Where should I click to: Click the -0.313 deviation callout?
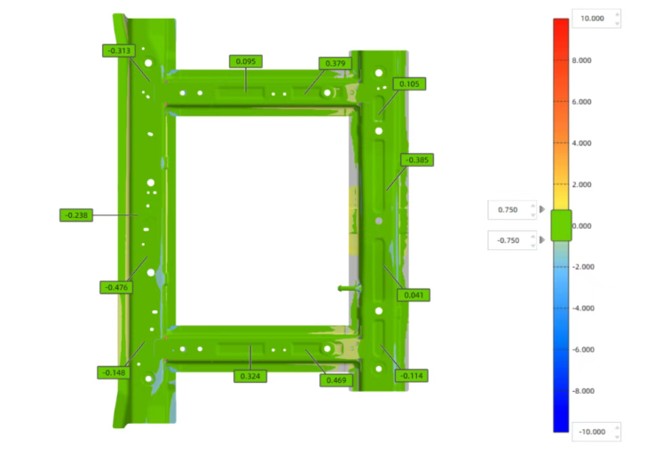[x=119, y=51]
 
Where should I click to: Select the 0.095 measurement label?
[x=246, y=61]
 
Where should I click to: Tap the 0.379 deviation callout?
[x=335, y=64]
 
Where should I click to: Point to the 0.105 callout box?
[x=409, y=84]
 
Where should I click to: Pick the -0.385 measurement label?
[x=417, y=160]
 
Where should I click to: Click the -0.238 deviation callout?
[x=76, y=215]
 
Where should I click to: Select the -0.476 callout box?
[x=116, y=287]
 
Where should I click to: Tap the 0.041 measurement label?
[x=414, y=295]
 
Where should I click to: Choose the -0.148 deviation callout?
[x=114, y=372]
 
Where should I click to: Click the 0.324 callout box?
[x=250, y=376]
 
